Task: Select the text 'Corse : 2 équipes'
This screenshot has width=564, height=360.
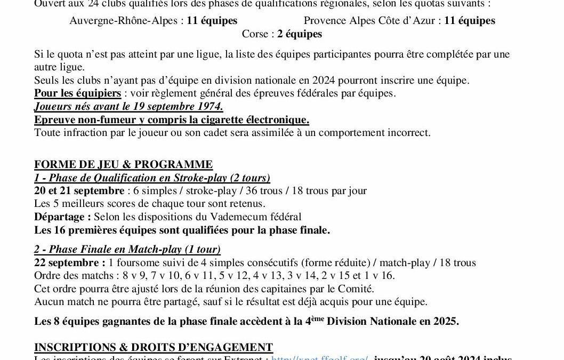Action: (282, 34)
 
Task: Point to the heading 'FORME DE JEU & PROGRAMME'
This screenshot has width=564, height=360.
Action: (123, 164)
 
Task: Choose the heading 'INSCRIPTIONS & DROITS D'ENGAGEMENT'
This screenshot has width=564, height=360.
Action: (154, 347)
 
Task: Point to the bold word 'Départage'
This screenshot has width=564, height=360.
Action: (61, 217)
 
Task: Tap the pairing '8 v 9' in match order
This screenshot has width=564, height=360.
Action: (133, 276)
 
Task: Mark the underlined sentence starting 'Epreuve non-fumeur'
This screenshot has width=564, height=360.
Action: (172, 119)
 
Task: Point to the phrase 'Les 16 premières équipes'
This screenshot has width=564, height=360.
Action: (91, 230)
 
